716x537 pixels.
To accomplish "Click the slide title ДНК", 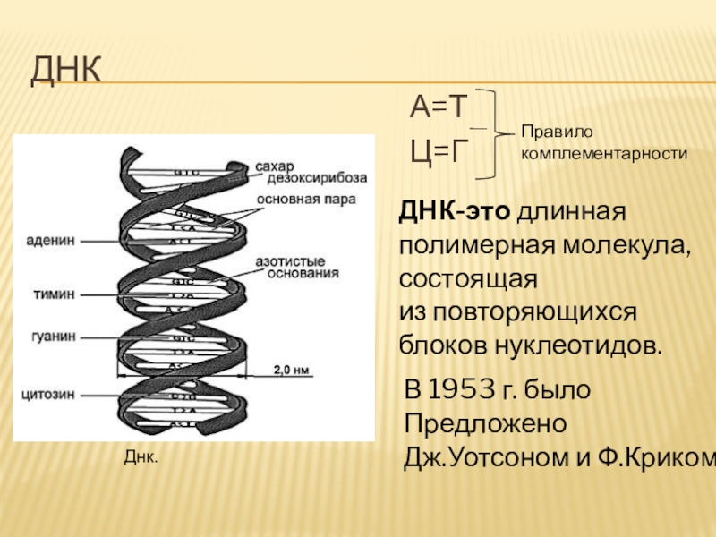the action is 67,70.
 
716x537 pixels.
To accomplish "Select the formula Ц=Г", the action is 439,152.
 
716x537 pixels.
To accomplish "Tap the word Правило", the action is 551,132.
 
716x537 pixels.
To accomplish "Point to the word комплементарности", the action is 604,153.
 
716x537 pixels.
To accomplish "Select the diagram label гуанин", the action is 55,337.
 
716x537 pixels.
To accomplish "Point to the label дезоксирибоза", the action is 299,180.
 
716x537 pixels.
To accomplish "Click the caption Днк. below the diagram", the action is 140,457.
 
